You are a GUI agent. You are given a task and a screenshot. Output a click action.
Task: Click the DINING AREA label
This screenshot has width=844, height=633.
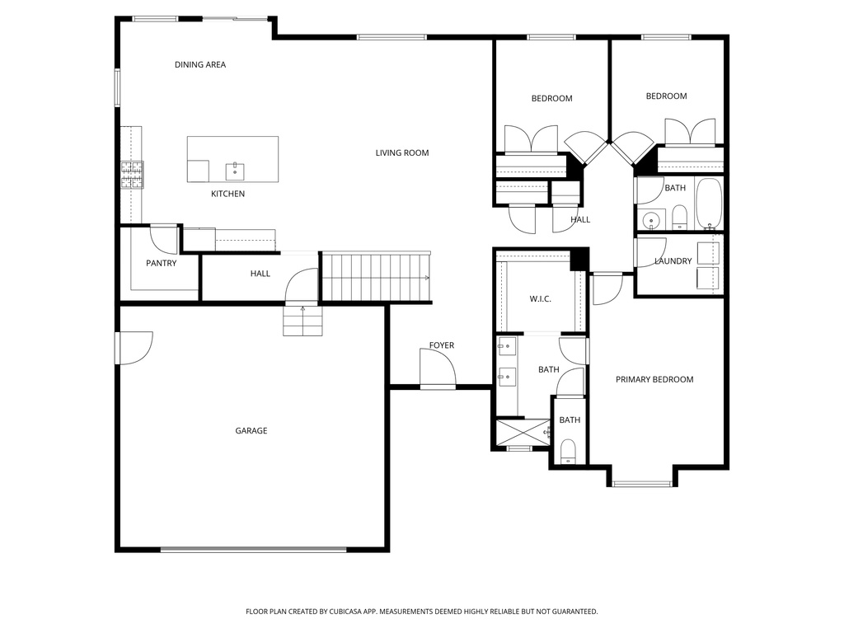coord(199,64)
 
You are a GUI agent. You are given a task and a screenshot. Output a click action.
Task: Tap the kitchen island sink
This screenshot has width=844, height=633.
coord(235,171)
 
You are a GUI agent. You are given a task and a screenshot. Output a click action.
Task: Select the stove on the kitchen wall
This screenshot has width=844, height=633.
coord(132,174)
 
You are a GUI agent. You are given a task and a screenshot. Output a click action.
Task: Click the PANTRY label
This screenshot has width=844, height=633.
coord(161,263)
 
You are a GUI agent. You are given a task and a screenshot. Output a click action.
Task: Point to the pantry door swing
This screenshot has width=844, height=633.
coord(164,238)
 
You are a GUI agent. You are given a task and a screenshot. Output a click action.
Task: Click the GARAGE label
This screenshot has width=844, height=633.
coord(251,430)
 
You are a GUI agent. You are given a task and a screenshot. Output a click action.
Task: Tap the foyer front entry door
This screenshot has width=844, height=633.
coord(438,368)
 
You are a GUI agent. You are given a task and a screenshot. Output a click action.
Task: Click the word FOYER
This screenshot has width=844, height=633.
coord(441,345)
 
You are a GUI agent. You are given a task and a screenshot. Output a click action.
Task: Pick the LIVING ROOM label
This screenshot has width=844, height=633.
coord(401,152)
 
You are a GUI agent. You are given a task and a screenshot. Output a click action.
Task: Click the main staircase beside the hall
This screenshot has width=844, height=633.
coord(375,278)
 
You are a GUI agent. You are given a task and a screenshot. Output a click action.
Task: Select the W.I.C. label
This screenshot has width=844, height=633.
coord(540,298)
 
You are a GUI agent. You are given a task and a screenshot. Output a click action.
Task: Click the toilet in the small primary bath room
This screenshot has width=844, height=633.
coord(568,450)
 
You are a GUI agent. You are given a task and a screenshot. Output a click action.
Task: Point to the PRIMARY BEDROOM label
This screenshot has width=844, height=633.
coord(654,379)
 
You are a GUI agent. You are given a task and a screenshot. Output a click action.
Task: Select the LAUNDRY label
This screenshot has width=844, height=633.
coord(673,261)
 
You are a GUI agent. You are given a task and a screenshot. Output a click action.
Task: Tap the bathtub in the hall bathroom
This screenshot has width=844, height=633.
coord(709,204)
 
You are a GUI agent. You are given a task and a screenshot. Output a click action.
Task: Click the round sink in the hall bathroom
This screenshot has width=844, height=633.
coord(652,220)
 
